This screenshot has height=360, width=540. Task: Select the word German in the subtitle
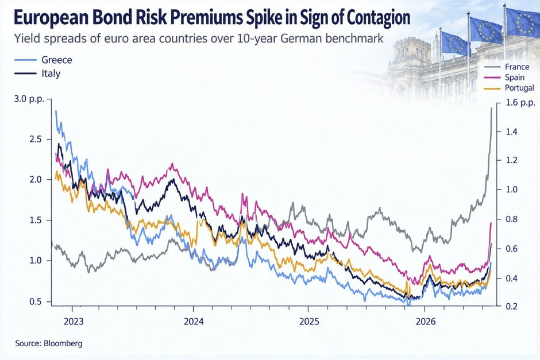pyautogui.click(x=302, y=38)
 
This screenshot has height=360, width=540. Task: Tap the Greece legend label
pyautogui.click(x=57, y=60)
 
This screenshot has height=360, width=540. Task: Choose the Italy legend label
pyautogui.click(x=51, y=73)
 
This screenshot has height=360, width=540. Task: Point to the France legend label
pyautogui.click(x=517, y=67)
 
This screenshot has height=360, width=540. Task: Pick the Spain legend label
pyautogui.click(x=515, y=78)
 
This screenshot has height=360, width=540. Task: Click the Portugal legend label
pyautogui.click(x=519, y=88)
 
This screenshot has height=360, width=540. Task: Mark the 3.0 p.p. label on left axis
pyautogui.click(x=29, y=99)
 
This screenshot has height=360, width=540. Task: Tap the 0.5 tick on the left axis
pyautogui.click(x=35, y=301)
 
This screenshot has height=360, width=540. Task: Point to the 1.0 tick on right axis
pyautogui.click(x=511, y=189)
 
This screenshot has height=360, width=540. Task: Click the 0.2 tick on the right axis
pyautogui.click(x=511, y=306)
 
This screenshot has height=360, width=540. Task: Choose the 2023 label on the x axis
pyautogui.click(x=74, y=322)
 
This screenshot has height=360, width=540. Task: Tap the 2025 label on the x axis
pyautogui.click(x=309, y=322)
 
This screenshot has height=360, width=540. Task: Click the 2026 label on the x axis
pyautogui.click(x=425, y=322)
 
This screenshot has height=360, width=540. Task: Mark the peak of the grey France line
pyautogui.click(x=491, y=108)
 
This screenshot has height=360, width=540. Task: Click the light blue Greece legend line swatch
pyautogui.click(x=25, y=60)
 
